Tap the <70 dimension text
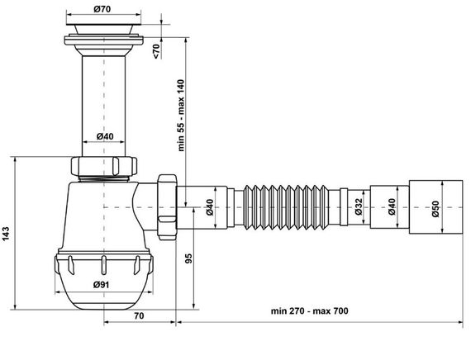click(x=158, y=50)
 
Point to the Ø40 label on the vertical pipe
click(x=104, y=136)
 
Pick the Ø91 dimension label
click(x=102, y=285)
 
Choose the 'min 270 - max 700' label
click(x=310, y=311)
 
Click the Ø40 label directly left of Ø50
click(x=393, y=209)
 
